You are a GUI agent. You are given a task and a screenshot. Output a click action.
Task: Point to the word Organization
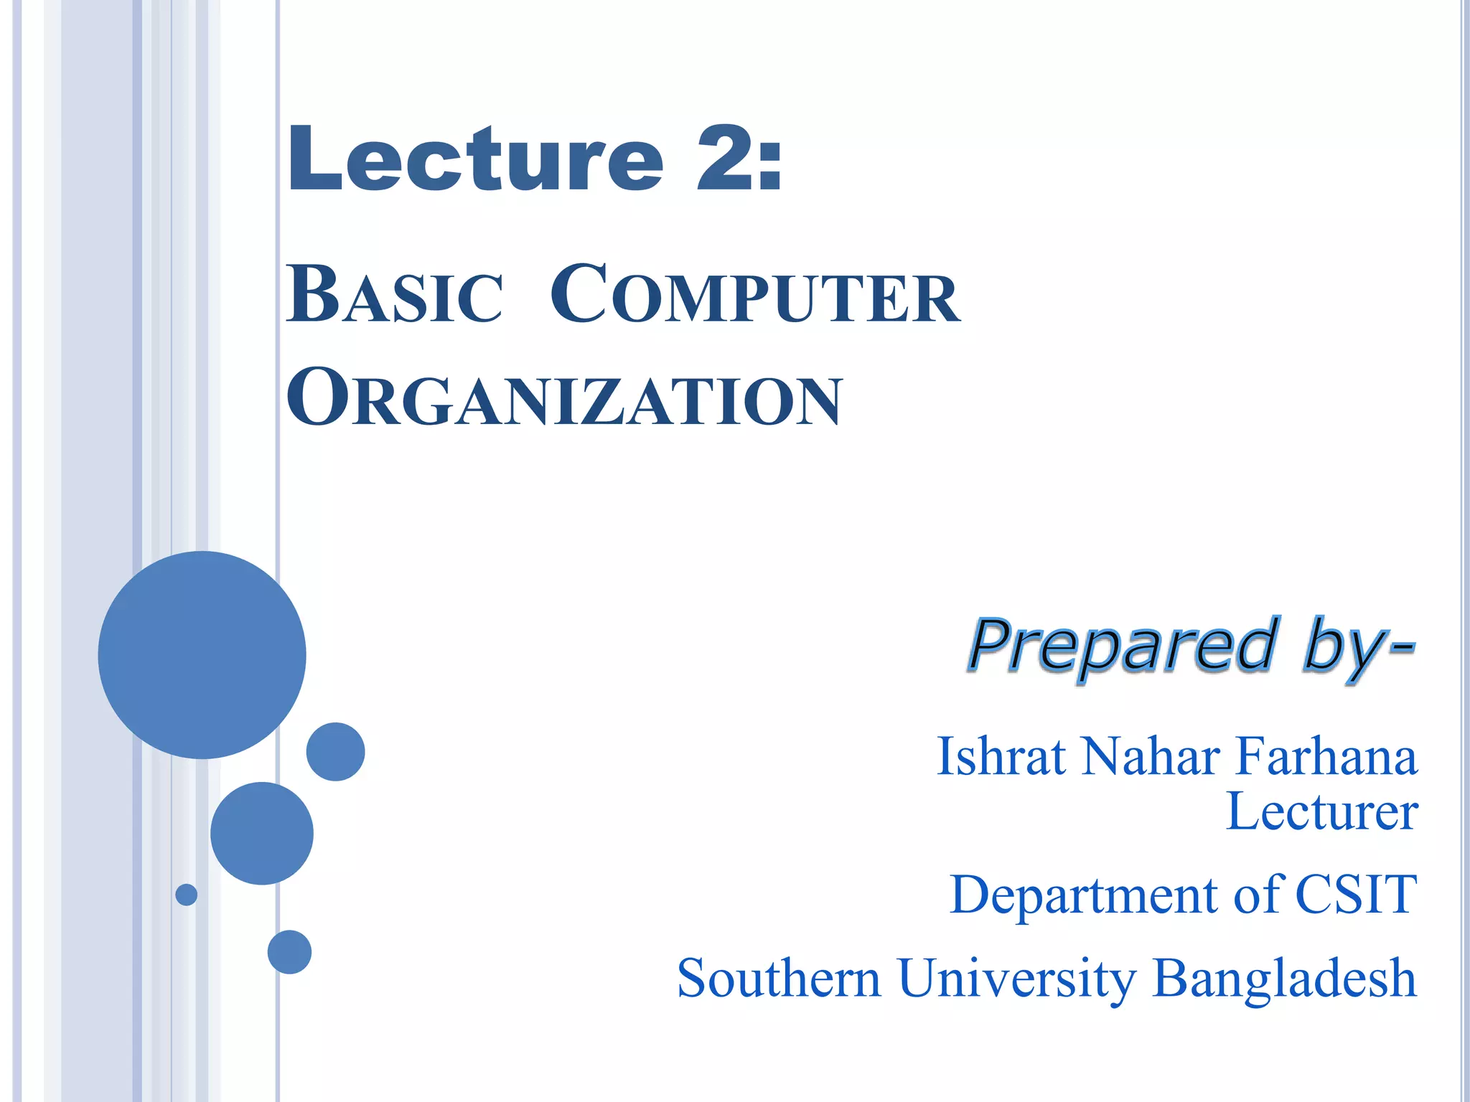pos(564,399)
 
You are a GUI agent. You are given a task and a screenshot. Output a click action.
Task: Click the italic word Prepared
pos(1124,646)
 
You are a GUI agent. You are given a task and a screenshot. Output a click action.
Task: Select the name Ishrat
pos(1001,757)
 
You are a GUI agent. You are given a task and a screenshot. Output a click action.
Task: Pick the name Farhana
pos(1326,757)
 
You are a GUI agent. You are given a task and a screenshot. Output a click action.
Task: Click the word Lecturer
pos(1322,812)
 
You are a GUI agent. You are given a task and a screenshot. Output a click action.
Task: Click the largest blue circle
pos(202,654)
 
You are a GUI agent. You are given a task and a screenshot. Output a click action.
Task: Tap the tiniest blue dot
pos(187,895)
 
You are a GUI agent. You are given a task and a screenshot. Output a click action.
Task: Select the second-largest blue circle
pos(262,833)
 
